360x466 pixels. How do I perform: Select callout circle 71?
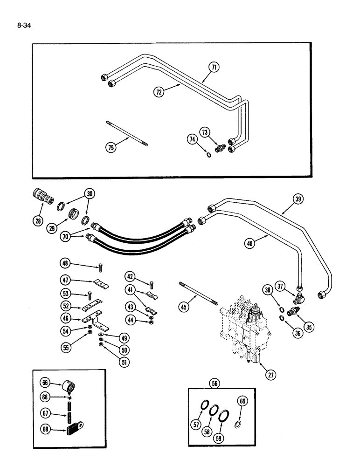(214, 68)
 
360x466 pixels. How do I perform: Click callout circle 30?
(90, 194)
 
